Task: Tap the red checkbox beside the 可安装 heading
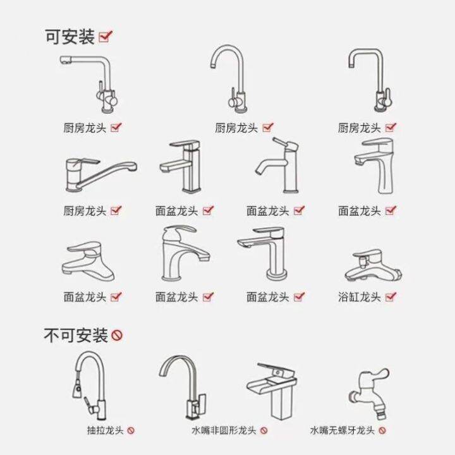point(106,36)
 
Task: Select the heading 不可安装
point(76,334)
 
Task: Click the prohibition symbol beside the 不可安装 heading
point(117,335)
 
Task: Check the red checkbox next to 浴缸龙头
point(391,296)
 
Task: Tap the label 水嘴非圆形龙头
point(224,431)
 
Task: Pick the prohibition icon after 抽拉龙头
point(131,431)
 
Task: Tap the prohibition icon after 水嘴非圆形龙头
point(264,431)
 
